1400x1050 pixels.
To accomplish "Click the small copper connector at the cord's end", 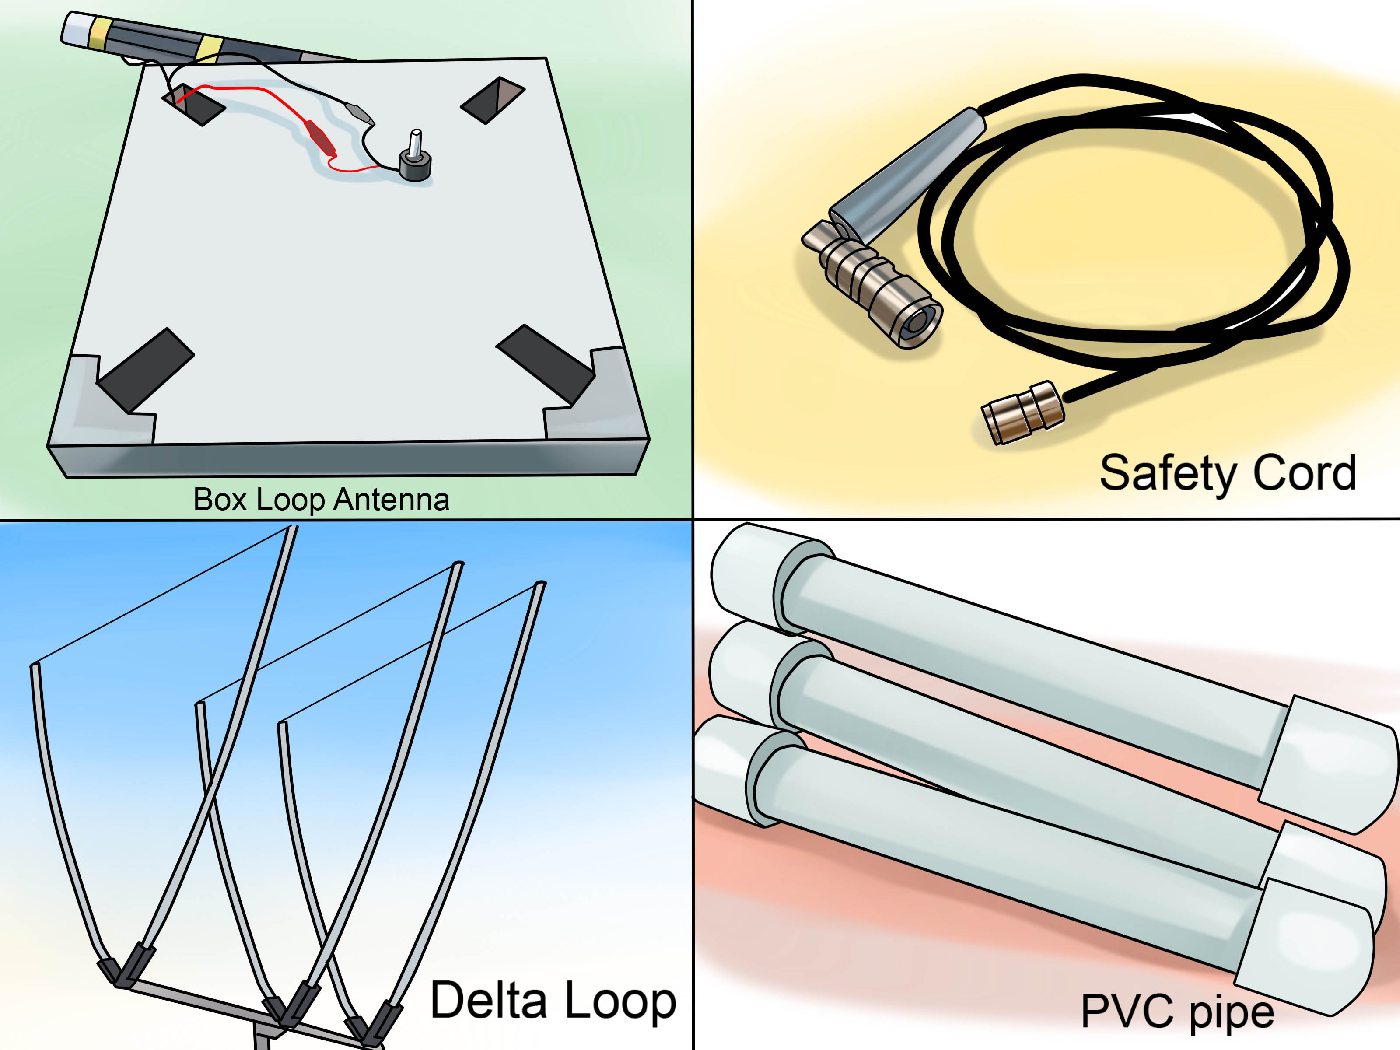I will coord(1022,412).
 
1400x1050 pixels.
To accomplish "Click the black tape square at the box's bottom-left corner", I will coord(146,370).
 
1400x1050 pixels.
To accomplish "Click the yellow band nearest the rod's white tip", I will coord(100,31).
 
